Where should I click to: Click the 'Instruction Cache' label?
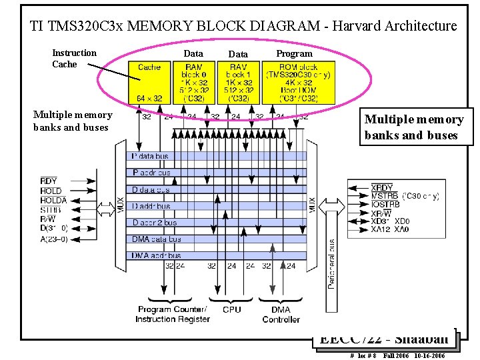tap(74, 59)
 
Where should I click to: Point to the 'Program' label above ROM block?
tap(294, 53)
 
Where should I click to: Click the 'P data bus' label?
tap(151, 157)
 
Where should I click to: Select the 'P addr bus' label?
tap(152, 173)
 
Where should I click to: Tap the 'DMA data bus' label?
tap(157, 239)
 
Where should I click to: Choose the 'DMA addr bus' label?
tap(157, 255)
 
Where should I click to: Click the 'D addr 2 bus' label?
tap(155, 223)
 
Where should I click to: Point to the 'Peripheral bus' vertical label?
tap(331, 263)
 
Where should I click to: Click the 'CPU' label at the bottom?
tap(231, 309)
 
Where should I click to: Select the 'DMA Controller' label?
tap(281, 315)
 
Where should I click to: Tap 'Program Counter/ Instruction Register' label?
tap(172, 315)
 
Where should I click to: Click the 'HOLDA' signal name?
tap(53, 200)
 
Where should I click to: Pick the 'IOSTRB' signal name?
tap(385, 204)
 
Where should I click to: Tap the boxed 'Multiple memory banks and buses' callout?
tap(413, 127)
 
